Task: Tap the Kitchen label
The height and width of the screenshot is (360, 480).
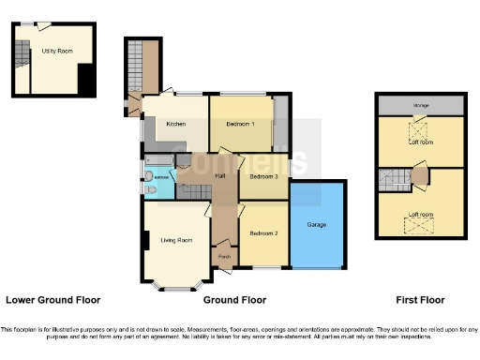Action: point(175,124)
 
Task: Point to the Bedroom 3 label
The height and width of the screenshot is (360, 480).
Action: point(263,176)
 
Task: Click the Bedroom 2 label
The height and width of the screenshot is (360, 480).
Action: point(263,232)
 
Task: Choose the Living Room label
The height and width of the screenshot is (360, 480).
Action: point(175,241)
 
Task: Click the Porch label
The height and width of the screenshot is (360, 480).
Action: point(224,255)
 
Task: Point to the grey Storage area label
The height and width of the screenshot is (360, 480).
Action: point(421,105)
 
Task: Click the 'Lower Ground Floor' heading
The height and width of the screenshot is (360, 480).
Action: point(52,300)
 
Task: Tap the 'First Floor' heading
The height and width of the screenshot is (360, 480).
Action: point(420,300)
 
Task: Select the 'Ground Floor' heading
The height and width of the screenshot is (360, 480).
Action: point(234,300)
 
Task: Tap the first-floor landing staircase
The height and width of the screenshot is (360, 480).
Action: point(386,178)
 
